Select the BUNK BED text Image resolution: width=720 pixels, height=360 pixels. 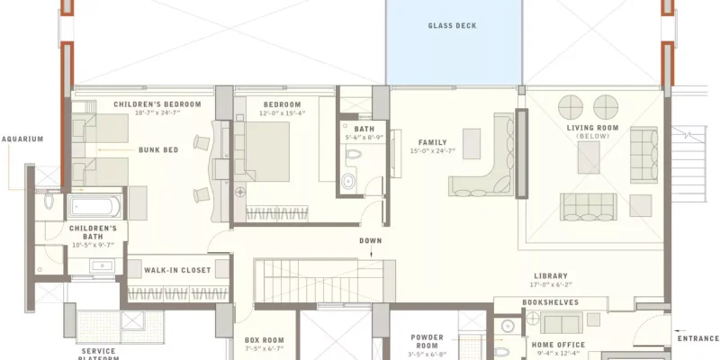pyautogui.click(x=157, y=149)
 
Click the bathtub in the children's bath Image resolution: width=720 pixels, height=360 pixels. pyautogui.click(x=94, y=207)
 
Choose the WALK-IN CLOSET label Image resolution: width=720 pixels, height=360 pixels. pyautogui.click(x=177, y=270)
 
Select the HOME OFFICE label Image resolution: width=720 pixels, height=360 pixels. pyautogui.click(x=558, y=345)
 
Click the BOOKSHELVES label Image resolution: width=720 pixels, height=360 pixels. pyautogui.click(x=550, y=302)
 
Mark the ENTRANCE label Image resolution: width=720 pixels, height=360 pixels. pyautogui.click(x=698, y=338)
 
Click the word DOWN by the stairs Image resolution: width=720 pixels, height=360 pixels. pyautogui.click(x=371, y=240)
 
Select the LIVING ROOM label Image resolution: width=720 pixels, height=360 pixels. pyautogui.click(x=594, y=128)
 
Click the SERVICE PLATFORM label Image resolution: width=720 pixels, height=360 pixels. pyautogui.click(x=99, y=354)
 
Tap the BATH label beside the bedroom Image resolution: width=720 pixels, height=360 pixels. pyautogui.click(x=364, y=129)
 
